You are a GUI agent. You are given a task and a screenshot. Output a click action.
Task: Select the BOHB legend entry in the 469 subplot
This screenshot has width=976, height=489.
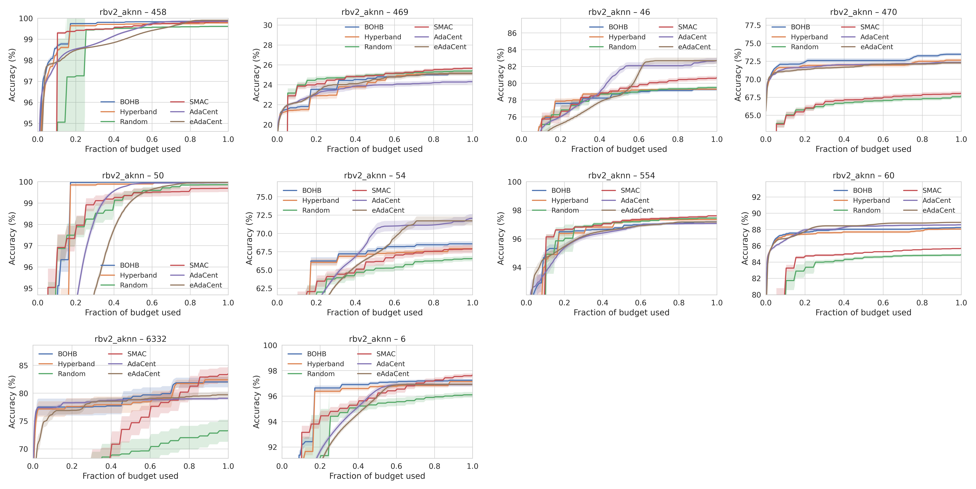pos(374,27)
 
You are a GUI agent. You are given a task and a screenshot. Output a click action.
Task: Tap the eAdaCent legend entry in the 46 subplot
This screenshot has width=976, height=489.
pos(694,47)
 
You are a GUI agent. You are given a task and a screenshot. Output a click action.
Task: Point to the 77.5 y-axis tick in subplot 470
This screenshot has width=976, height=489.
pos(753,25)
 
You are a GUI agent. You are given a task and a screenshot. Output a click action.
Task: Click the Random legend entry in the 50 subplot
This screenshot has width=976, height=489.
pos(133,285)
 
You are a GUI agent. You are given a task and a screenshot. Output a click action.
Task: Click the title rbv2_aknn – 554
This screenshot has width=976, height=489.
pos(621,175)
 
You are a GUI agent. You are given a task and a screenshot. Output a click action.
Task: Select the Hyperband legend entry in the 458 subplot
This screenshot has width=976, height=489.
pos(138,112)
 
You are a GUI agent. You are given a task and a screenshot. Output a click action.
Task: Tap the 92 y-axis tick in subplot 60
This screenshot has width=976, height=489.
pos(756,197)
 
